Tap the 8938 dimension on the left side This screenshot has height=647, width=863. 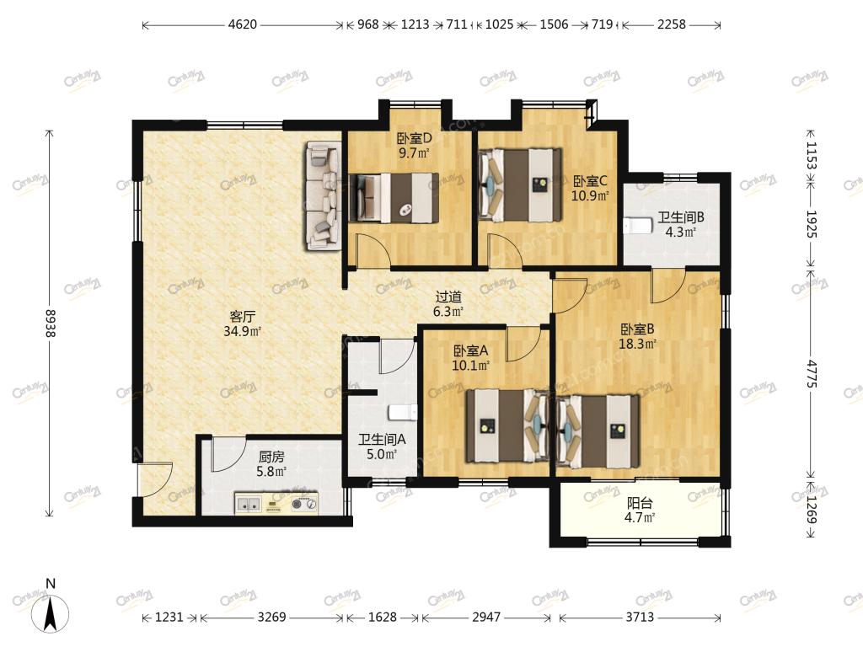tap(51, 323)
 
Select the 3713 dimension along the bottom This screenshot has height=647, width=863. tap(640, 618)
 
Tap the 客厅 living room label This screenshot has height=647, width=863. tap(242, 317)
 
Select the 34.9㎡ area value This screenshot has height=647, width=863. tap(242, 331)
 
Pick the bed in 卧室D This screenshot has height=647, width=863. tap(394, 198)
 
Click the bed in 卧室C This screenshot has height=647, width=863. tap(521, 184)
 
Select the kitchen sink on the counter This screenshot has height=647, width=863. tap(249, 503)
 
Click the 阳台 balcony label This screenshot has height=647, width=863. tap(641, 503)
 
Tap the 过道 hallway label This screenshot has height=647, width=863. tap(448, 297)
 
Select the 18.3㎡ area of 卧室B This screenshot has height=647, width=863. tap(638, 345)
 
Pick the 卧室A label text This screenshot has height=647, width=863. tap(471, 350)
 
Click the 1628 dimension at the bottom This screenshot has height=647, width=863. tap(382, 618)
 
